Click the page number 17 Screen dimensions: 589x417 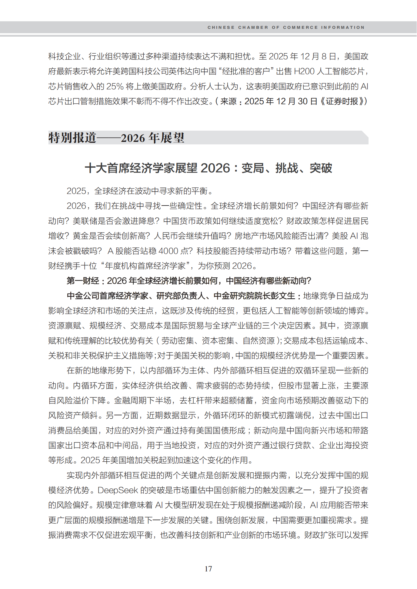tap(208, 569)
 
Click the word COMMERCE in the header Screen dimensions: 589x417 tap(300, 27)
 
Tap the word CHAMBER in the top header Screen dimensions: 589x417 tap(253, 27)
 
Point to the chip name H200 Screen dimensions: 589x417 tap(304, 71)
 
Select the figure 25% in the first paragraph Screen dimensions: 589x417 tap(115, 86)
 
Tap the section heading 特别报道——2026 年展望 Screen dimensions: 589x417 tap(116, 138)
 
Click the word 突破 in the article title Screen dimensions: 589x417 tap(321, 168)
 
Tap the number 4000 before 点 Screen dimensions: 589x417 tap(168, 251)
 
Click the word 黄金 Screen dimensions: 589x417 tap(81, 236)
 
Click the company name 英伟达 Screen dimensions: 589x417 tap(181, 71)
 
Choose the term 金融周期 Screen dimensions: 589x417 tap(130, 400)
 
